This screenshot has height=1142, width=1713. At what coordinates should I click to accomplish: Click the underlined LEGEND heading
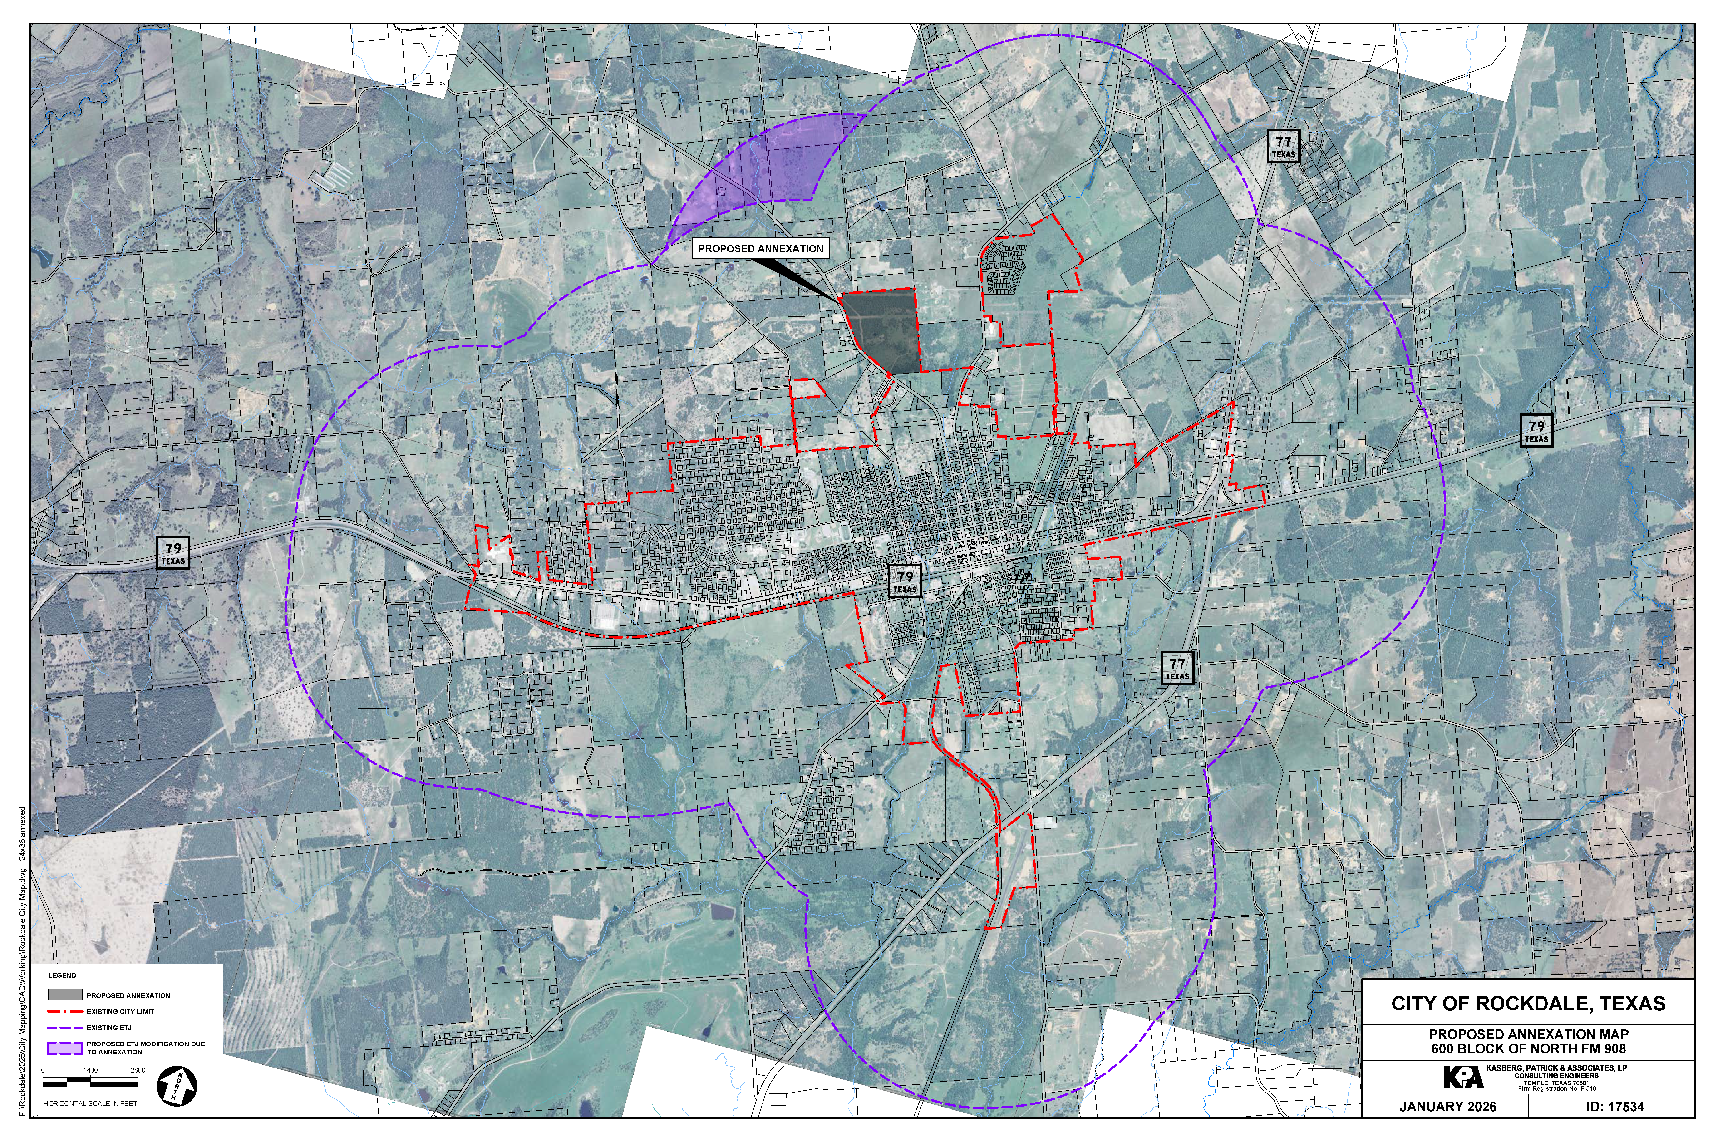point(62,975)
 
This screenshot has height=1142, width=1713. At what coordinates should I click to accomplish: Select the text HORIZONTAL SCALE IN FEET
point(90,1103)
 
